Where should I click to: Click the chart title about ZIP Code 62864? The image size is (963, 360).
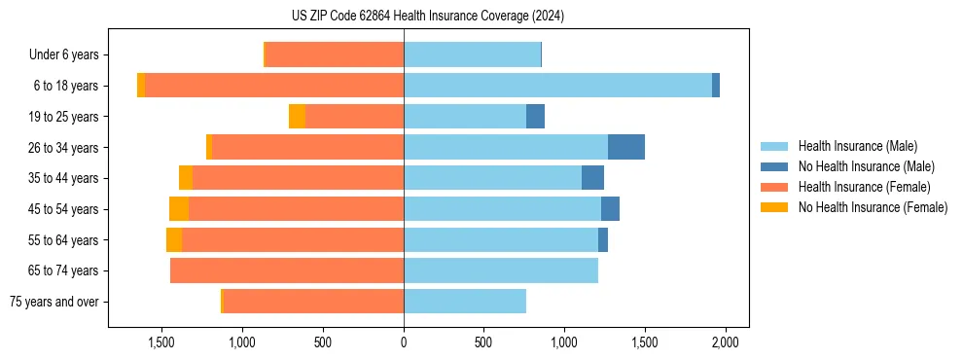[428, 16]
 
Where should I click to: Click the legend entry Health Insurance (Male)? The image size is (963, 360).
[857, 146]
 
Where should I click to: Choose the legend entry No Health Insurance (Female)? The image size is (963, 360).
[873, 207]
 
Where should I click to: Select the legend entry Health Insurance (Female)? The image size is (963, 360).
[864, 187]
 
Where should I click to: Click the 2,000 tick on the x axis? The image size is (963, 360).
[725, 342]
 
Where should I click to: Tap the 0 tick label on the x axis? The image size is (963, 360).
[404, 342]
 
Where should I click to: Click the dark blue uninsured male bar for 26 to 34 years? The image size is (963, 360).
[626, 147]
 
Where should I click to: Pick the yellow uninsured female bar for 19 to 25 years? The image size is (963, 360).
[297, 117]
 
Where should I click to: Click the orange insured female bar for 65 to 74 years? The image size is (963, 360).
[287, 270]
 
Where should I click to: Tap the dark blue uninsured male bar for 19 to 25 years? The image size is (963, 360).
[535, 117]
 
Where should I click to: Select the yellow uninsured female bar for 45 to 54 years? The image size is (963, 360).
[179, 209]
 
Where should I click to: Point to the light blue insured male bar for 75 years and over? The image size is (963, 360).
[465, 302]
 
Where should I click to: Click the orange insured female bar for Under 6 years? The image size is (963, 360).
[335, 54]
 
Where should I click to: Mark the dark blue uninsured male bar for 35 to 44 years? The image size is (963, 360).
[592, 178]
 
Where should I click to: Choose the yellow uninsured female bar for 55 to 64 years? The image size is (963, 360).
[174, 240]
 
